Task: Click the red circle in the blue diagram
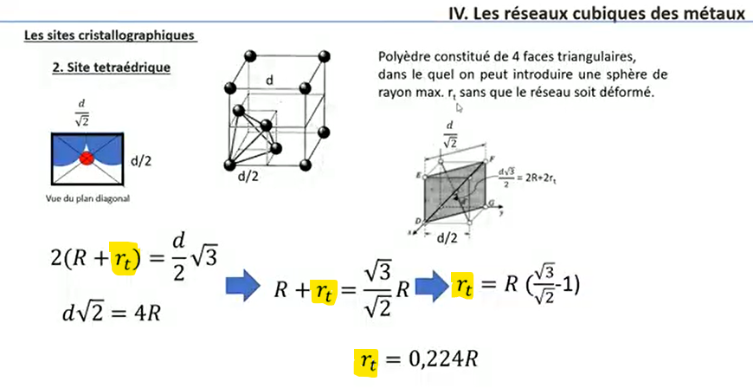coord(87,159)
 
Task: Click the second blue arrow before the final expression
coord(429,284)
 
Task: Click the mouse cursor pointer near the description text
coord(459,107)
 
